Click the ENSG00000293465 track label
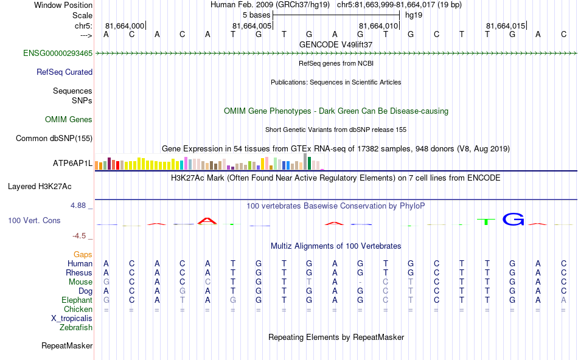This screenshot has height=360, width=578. tap(58, 54)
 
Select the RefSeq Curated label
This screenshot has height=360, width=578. tap(64, 72)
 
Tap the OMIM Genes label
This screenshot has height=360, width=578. tap(69, 120)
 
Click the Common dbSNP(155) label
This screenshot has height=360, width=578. tap(54, 139)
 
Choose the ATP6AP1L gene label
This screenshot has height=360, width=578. tap(73, 164)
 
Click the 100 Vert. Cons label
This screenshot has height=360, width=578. tap(34, 220)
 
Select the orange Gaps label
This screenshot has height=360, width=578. tap(83, 254)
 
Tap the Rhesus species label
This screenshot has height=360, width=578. tap(79, 272)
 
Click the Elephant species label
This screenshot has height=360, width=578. tap(77, 300)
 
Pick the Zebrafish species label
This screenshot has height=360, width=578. tap(76, 327)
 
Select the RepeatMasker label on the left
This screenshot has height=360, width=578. tap(67, 346)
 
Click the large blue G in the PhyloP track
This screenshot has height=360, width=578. tap(513, 220)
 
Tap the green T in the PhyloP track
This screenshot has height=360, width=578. tap(486, 221)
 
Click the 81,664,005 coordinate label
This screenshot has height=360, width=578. tap(252, 26)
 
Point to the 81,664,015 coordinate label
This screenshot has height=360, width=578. tap(506, 26)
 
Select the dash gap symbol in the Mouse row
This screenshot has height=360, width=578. tap(360, 282)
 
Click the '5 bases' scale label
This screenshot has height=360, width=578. tap(256, 14)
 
